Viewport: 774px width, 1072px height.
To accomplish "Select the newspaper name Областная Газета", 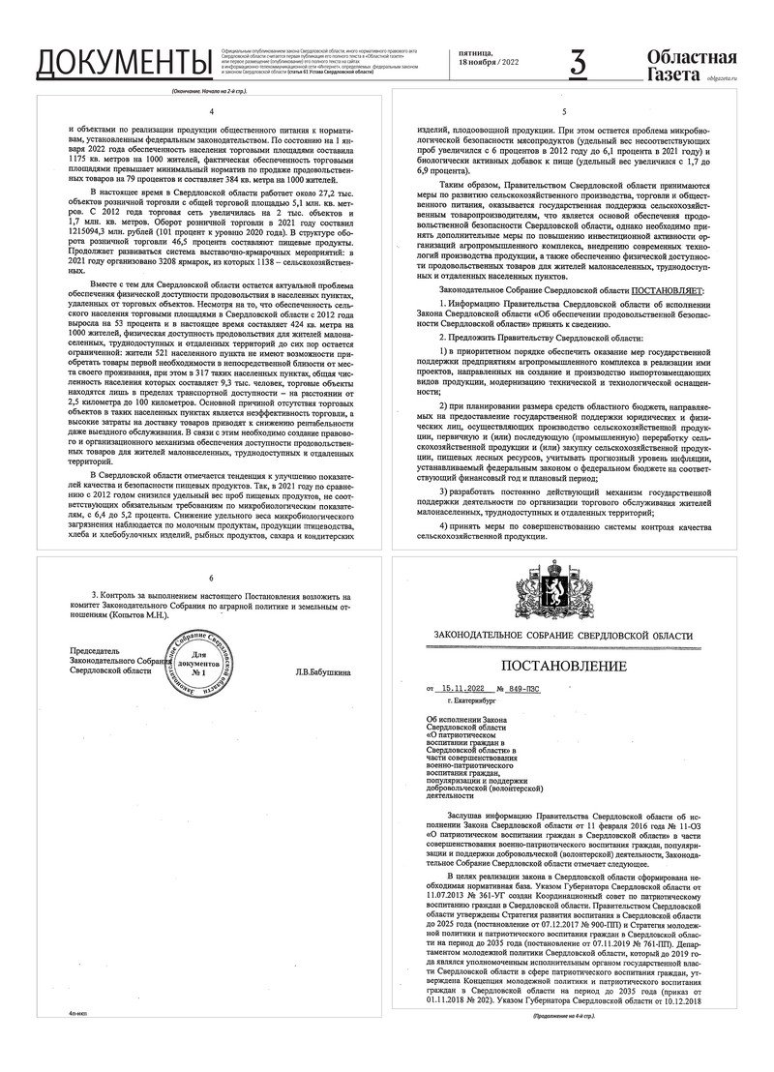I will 691,63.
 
